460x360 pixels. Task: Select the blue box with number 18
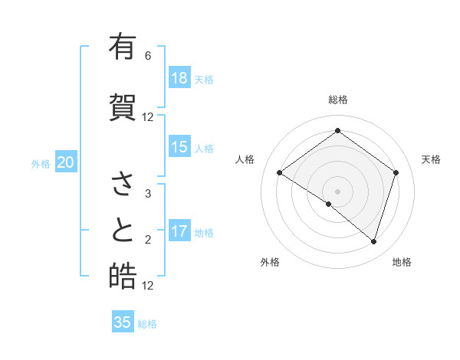coord(179,78)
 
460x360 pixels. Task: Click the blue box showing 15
coord(179,147)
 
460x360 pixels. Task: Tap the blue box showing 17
coord(179,231)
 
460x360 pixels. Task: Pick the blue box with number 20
coord(66,162)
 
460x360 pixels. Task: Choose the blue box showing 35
coord(123,322)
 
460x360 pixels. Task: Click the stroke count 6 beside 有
coord(148,56)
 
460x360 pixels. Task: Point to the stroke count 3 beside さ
coord(148,194)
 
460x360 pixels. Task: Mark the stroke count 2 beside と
coord(148,240)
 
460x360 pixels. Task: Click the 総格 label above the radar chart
coord(337,100)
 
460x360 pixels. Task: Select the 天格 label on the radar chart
coord(432,159)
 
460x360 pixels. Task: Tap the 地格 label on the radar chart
coord(402,262)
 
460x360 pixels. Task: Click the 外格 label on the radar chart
coord(270,262)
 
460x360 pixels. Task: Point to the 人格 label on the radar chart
coord(245,159)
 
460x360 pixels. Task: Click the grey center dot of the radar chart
coord(337,190)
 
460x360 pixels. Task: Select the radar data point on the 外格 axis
coord(329,204)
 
